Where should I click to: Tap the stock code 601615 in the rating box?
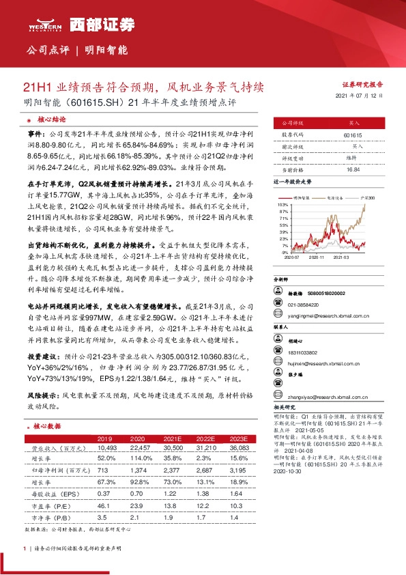tap(353, 136)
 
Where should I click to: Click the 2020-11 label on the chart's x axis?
tap(316, 258)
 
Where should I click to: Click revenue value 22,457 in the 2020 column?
tap(139, 448)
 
